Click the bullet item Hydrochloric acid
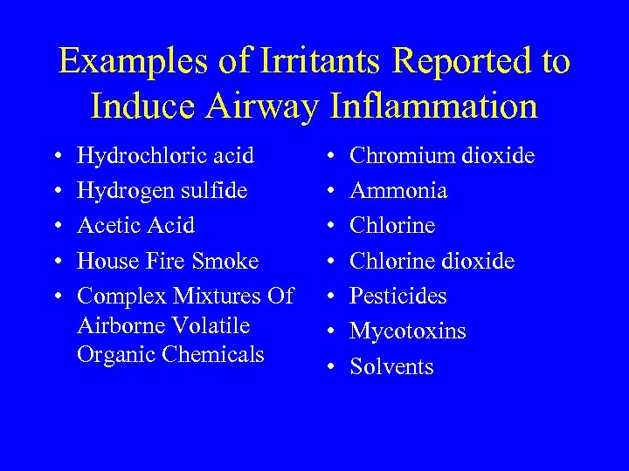pos(165,156)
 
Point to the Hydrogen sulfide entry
pos(162,191)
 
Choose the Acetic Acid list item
pos(135,226)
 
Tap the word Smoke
pos(226,261)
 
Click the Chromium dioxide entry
pos(442,156)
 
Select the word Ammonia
pos(398,191)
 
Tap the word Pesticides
pos(397,297)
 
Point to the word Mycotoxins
pos(407,331)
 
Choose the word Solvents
pos(391,366)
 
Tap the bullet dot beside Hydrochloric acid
pos(57,157)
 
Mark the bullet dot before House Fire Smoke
pos(57,262)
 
